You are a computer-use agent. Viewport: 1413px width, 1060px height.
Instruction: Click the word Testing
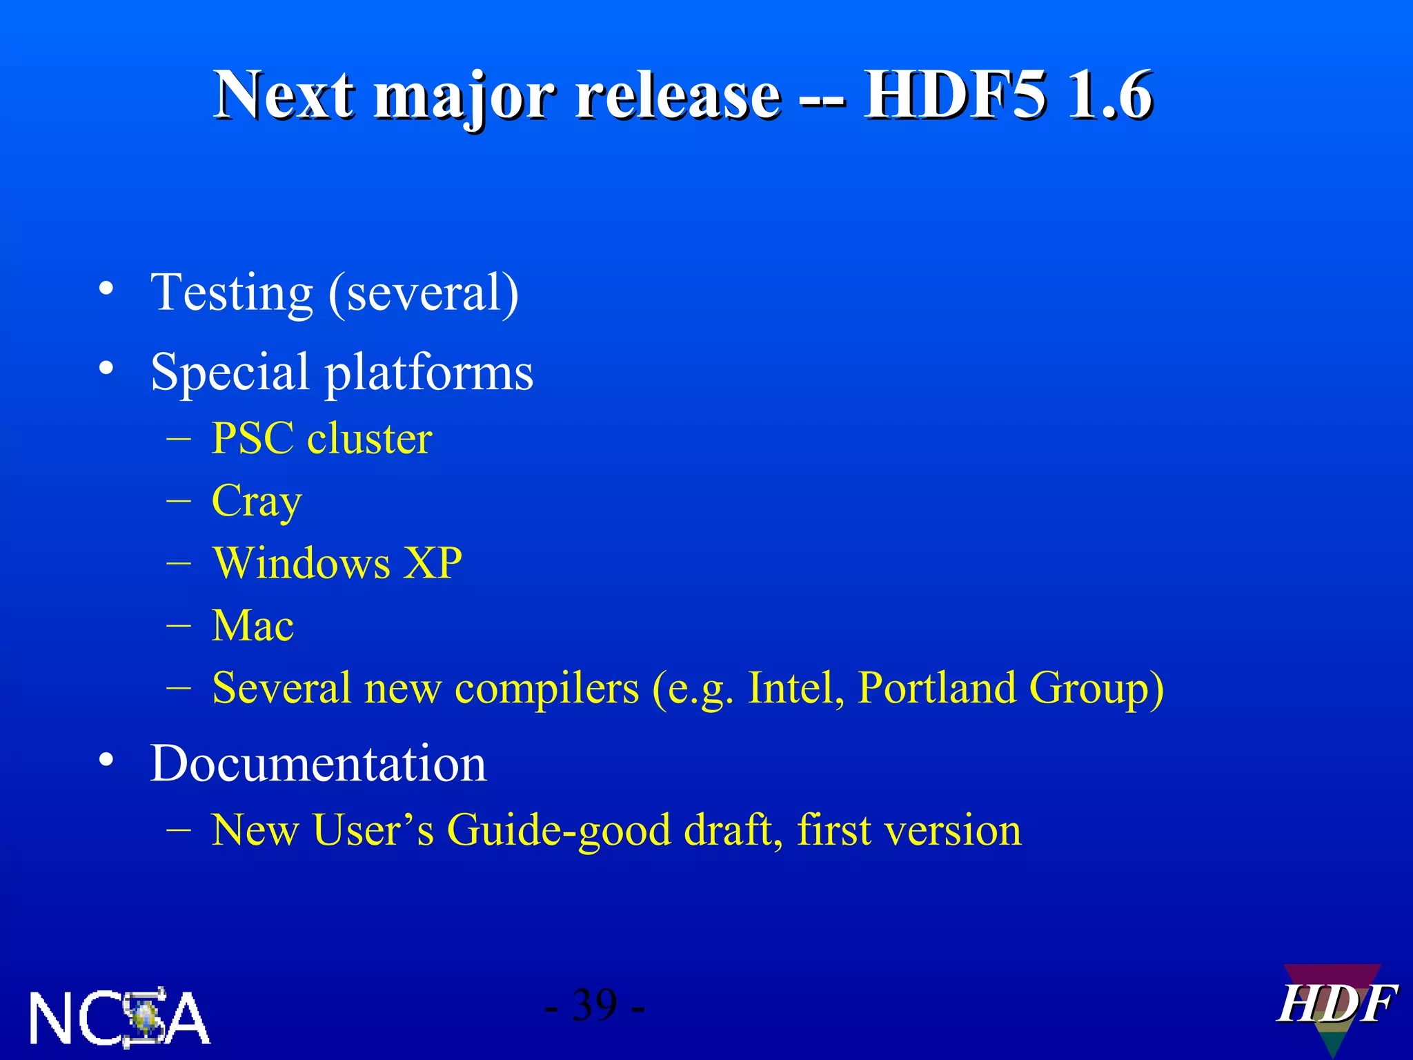coord(232,293)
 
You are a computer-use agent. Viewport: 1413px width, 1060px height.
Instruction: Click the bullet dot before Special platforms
coord(106,368)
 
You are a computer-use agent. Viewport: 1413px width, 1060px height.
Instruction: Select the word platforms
coord(428,373)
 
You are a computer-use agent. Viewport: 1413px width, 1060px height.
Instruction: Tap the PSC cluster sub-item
coord(322,438)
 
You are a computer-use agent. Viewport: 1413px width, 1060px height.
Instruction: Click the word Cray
coord(257,502)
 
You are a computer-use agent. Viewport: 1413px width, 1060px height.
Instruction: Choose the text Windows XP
coord(337,562)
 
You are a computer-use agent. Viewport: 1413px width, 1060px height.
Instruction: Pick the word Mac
coord(253,625)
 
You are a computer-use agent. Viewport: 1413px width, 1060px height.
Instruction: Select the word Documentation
coord(318,763)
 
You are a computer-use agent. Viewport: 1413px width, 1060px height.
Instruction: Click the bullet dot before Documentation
coord(106,760)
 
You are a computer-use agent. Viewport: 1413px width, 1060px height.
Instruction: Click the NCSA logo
coord(119,1017)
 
